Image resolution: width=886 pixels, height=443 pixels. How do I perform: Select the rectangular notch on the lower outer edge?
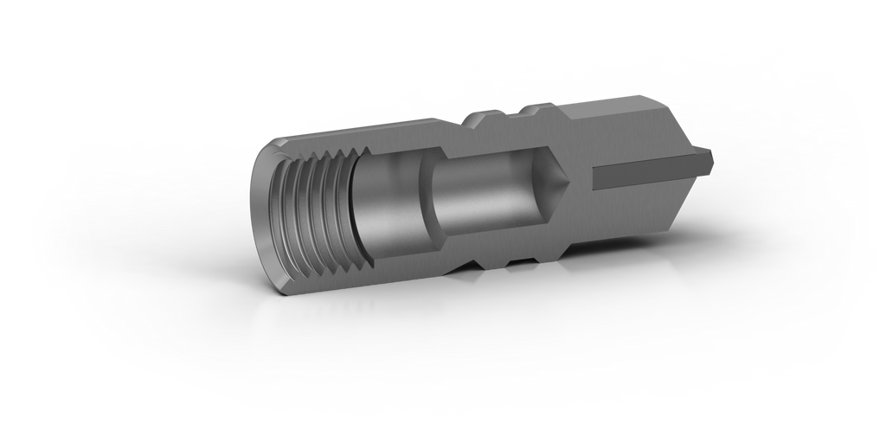(x=523, y=259)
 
